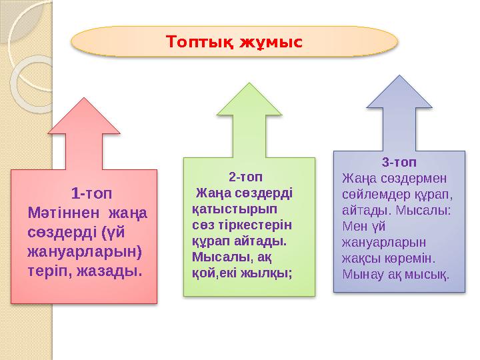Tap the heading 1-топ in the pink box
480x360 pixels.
coord(91,194)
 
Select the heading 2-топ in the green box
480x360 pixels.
coord(245,177)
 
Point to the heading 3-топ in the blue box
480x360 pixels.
coord(400,163)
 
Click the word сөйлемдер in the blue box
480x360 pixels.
coord(371,195)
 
